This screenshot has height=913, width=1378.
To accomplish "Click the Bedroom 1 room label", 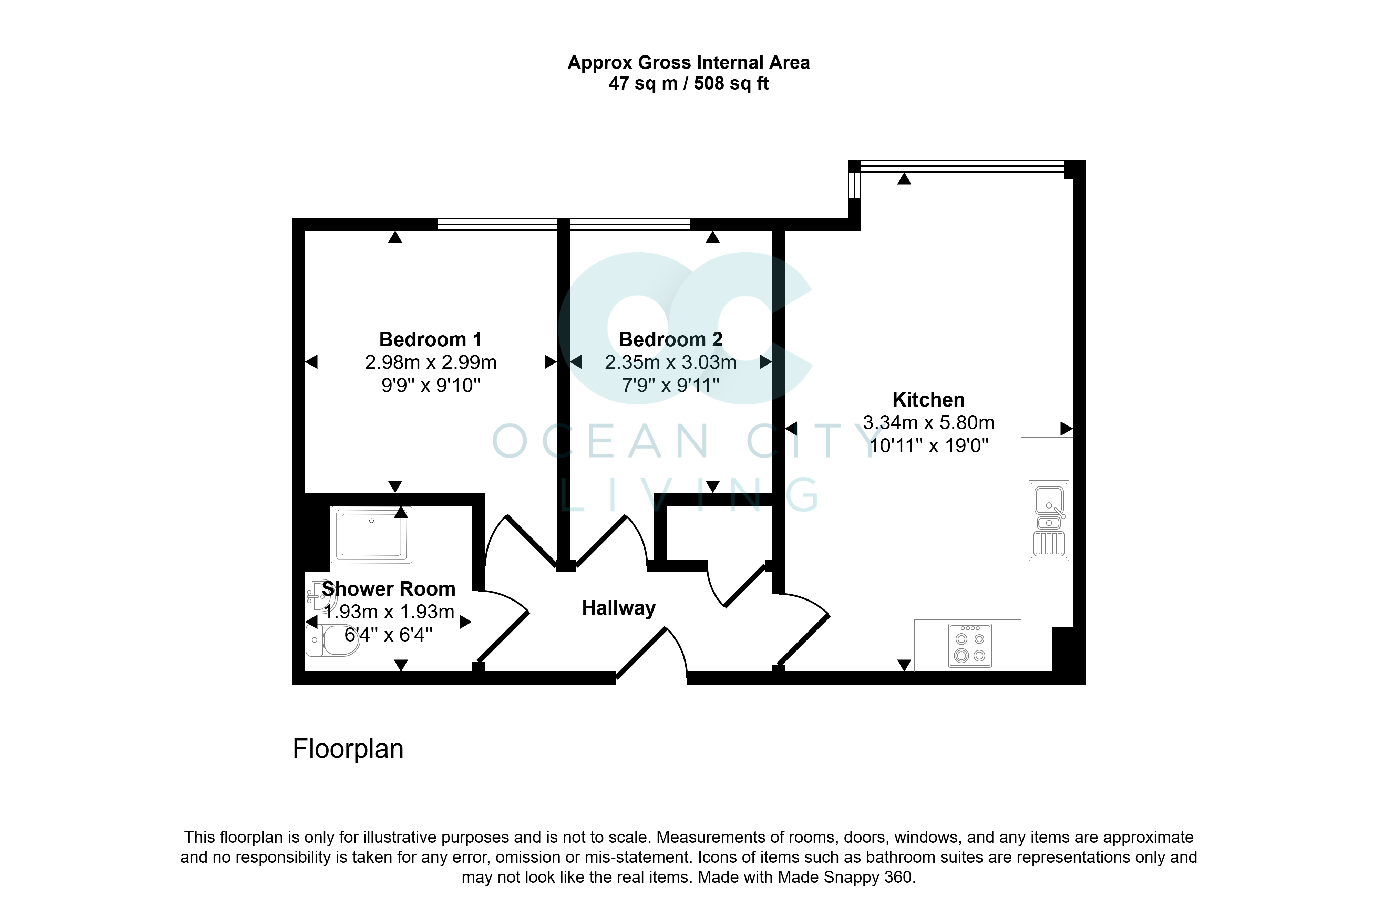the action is pos(430,339).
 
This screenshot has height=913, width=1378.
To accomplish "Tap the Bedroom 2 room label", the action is pos(671,339).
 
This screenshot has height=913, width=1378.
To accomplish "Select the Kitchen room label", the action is pos(928,400).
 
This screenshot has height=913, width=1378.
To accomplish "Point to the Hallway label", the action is pos(619,608).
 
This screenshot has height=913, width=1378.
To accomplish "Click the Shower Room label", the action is pos(388,589).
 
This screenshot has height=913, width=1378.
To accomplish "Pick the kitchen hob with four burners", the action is pos(970,645).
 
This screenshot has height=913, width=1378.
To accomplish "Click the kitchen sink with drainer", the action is pos(1049,520).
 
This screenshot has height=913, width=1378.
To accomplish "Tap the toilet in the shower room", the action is pos(332,640).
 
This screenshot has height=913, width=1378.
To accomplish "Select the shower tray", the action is pos(371,534).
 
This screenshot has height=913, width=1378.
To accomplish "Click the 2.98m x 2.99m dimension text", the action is pos(431,362).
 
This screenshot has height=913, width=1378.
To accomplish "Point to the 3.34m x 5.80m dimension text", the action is pos(928,423).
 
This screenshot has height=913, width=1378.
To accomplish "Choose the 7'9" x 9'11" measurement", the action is pos(671,385).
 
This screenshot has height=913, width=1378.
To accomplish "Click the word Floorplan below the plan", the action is pos(348,749).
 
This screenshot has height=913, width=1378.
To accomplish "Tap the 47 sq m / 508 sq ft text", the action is pos(689,83).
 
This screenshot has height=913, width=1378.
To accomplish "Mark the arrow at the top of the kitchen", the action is pos(904,179).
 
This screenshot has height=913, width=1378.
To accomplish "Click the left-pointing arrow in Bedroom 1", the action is pos(311,362).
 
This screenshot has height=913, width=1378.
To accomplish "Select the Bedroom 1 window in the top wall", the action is pos(497,224).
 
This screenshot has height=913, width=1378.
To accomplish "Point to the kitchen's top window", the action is pos(962,166).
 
